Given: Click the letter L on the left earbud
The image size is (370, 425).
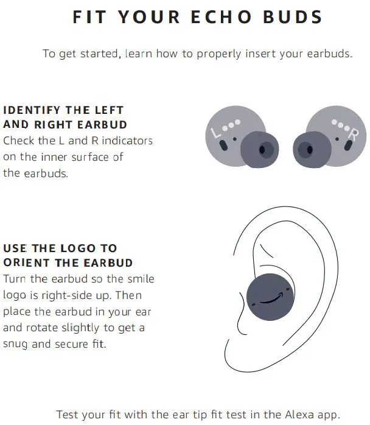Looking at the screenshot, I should pos(214,132).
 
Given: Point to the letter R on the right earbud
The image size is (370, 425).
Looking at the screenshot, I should pos(353,132).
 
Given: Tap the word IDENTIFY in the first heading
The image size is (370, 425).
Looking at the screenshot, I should pos(32,110).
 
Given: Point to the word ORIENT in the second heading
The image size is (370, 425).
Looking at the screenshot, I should pos(26,262).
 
